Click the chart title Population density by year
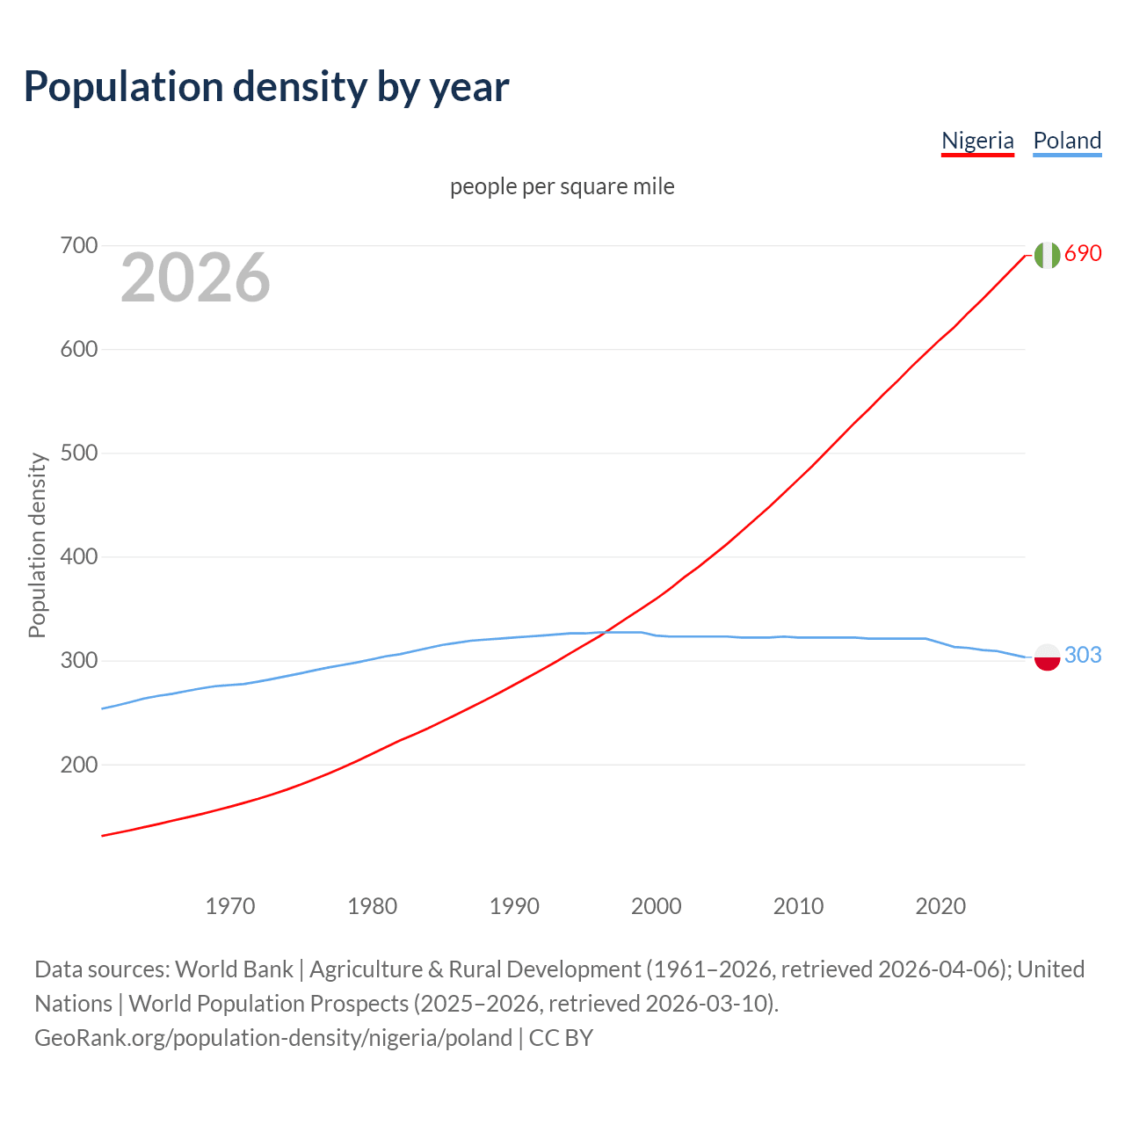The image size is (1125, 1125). pos(266,87)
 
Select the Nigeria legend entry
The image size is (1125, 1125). pos(977,141)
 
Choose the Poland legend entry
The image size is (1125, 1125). pos(1067,141)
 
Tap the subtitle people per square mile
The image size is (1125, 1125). pos(562,186)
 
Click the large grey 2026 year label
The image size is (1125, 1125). pos(195,278)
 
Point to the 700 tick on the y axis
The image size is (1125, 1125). pos(78,245)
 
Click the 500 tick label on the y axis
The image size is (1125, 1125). pos(78,454)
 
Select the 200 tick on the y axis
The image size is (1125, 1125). pos(78,765)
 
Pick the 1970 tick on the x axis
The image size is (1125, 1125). pos(230,906)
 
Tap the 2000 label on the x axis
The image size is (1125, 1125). pos(657,906)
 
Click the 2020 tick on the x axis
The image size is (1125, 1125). pos(940,906)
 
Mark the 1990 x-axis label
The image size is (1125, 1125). pos(514,906)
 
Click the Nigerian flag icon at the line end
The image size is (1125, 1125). pos(1047,255)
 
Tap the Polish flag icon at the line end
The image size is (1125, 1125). pos(1047,657)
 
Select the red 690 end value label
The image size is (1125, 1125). pos(1083,253)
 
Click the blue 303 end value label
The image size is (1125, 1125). pos(1083,655)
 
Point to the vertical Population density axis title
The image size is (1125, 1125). pos(37,545)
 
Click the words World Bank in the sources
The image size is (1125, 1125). pos(234,969)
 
